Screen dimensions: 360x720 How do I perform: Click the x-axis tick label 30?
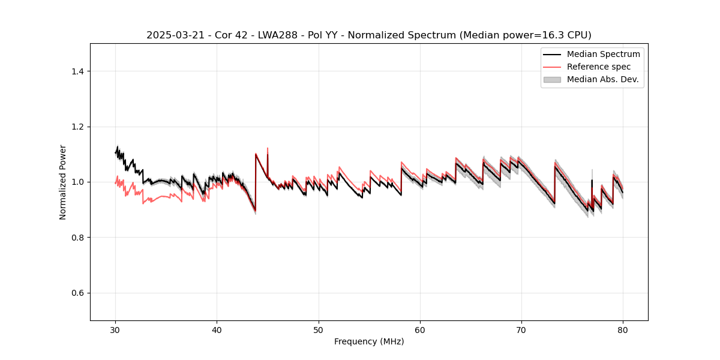115,329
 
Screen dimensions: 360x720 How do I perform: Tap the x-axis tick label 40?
217,329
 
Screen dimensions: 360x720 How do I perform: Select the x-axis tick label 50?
318,329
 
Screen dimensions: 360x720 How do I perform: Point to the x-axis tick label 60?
420,329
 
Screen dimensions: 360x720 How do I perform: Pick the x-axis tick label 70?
521,329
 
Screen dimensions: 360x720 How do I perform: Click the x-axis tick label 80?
623,329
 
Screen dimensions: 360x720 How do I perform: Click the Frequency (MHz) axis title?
369,341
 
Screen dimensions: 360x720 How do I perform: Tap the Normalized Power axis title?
63,182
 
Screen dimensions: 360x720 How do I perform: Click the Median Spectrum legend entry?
603,54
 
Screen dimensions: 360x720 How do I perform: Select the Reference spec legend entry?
598,67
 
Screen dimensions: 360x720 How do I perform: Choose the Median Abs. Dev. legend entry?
602,79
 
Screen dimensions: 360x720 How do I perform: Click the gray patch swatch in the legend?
552,79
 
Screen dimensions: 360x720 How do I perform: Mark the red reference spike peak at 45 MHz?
268,148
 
